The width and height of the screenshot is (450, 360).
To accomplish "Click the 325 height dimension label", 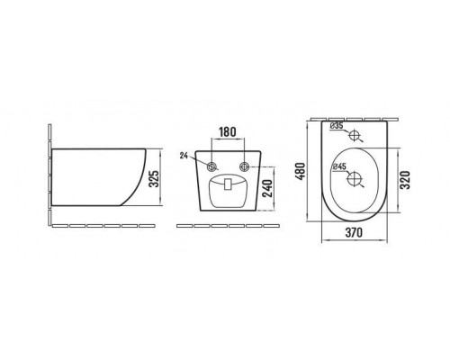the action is (154, 179).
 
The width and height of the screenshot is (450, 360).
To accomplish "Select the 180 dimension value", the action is (228, 132).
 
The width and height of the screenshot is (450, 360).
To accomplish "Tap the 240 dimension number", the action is (267, 188).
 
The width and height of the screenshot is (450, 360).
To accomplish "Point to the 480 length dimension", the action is (301, 171).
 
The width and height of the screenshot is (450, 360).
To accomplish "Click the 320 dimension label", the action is (405, 180).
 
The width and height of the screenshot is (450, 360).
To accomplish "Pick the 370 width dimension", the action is (354, 232).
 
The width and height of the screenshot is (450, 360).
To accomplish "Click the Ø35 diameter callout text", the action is (337, 126).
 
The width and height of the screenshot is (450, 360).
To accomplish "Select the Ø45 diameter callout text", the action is (339, 166).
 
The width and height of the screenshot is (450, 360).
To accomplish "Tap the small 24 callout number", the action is (184, 156).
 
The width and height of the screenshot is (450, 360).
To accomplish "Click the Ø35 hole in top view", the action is (355, 135).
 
